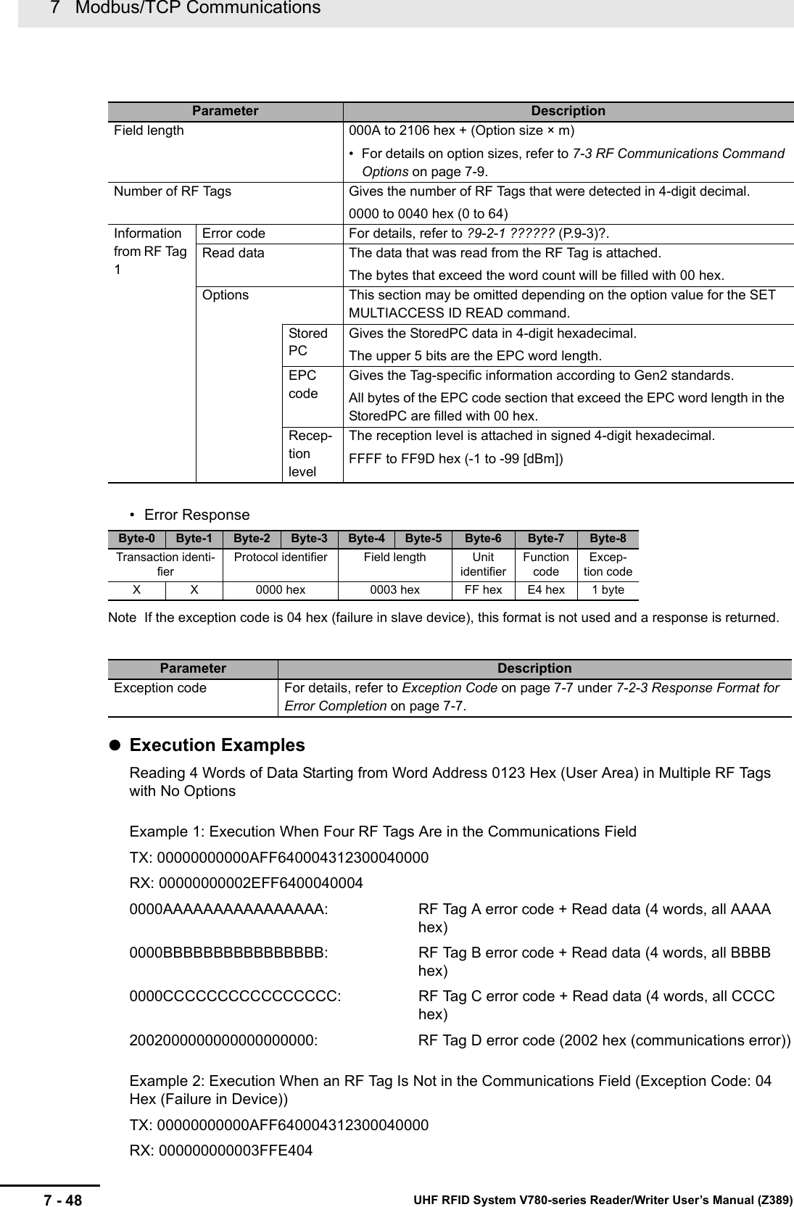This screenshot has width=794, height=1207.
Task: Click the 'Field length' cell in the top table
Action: (x=149, y=130)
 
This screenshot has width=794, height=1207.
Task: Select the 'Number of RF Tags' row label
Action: (x=173, y=191)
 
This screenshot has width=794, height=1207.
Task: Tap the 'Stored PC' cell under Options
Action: (x=308, y=342)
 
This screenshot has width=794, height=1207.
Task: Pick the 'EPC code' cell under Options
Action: (x=303, y=384)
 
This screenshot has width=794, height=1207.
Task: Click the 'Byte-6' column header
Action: (x=483, y=539)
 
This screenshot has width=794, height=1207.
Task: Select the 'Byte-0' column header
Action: (x=136, y=539)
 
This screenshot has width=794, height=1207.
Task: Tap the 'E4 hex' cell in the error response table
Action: (x=546, y=589)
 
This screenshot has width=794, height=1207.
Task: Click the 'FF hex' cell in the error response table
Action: (x=483, y=589)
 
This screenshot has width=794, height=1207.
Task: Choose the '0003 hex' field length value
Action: (x=394, y=589)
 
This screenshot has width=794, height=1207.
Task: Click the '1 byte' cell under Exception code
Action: (x=608, y=589)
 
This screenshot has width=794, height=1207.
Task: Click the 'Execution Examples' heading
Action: (x=217, y=745)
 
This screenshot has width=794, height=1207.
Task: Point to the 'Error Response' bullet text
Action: (x=197, y=515)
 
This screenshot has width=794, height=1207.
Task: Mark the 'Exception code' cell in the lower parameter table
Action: (x=160, y=687)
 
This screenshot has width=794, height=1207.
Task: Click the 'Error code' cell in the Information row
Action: (x=233, y=233)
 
